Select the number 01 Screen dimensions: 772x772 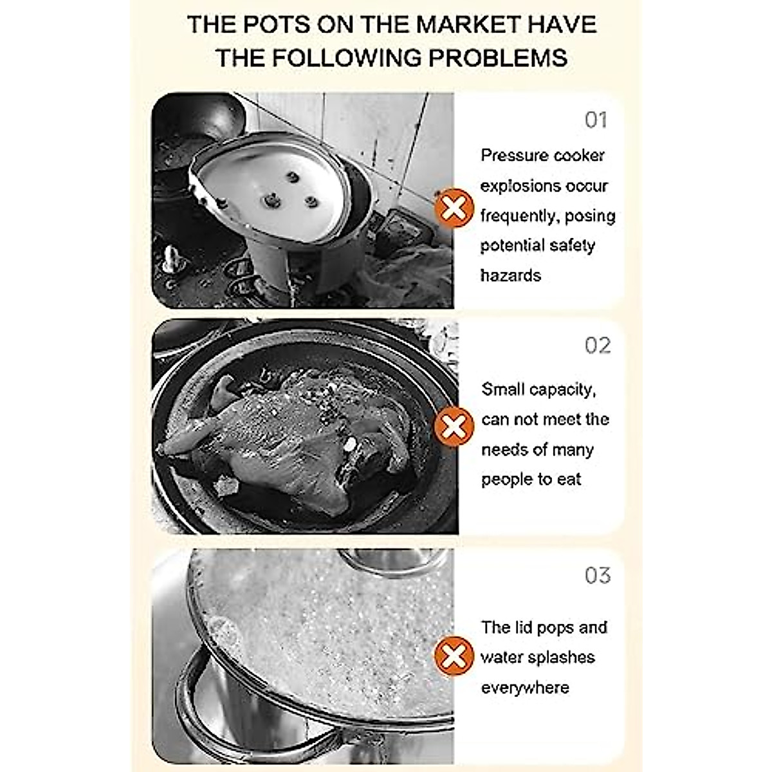point(596,120)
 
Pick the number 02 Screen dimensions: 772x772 point(597,346)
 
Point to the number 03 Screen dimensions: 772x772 point(597,575)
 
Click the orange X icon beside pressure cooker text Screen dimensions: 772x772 point(454,208)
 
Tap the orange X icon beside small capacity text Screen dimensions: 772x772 point(454,427)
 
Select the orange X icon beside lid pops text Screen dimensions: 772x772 point(454,656)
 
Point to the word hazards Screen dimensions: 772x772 point(511,275)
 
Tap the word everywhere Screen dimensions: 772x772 point(525,688)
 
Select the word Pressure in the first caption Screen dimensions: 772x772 point(512,156)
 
